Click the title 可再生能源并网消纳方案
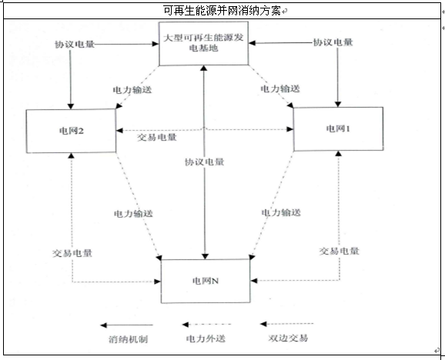pos(222,11)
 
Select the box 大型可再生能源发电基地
pos(203,43)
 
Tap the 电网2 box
pos(71,131)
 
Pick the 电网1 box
pos(338,129)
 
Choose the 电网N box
pos(206,281)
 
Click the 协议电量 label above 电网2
pos(75,45)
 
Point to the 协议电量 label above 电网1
pos(333,42)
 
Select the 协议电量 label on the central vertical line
pos(204,162)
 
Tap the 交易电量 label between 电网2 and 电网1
pos(156,138)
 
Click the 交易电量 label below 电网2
pos(72,253)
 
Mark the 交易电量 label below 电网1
pos(340,251)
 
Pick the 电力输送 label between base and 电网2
pos(132,90)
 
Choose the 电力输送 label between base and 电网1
pos(280,88)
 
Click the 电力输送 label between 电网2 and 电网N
pos(133,213)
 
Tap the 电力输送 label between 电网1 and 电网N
pos(281,212)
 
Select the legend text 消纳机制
pos(129,339)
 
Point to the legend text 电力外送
pos(206,338)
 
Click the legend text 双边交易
pos(288,338)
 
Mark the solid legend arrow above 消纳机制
pos(126,325)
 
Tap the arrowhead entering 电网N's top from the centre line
pos(205,256)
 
